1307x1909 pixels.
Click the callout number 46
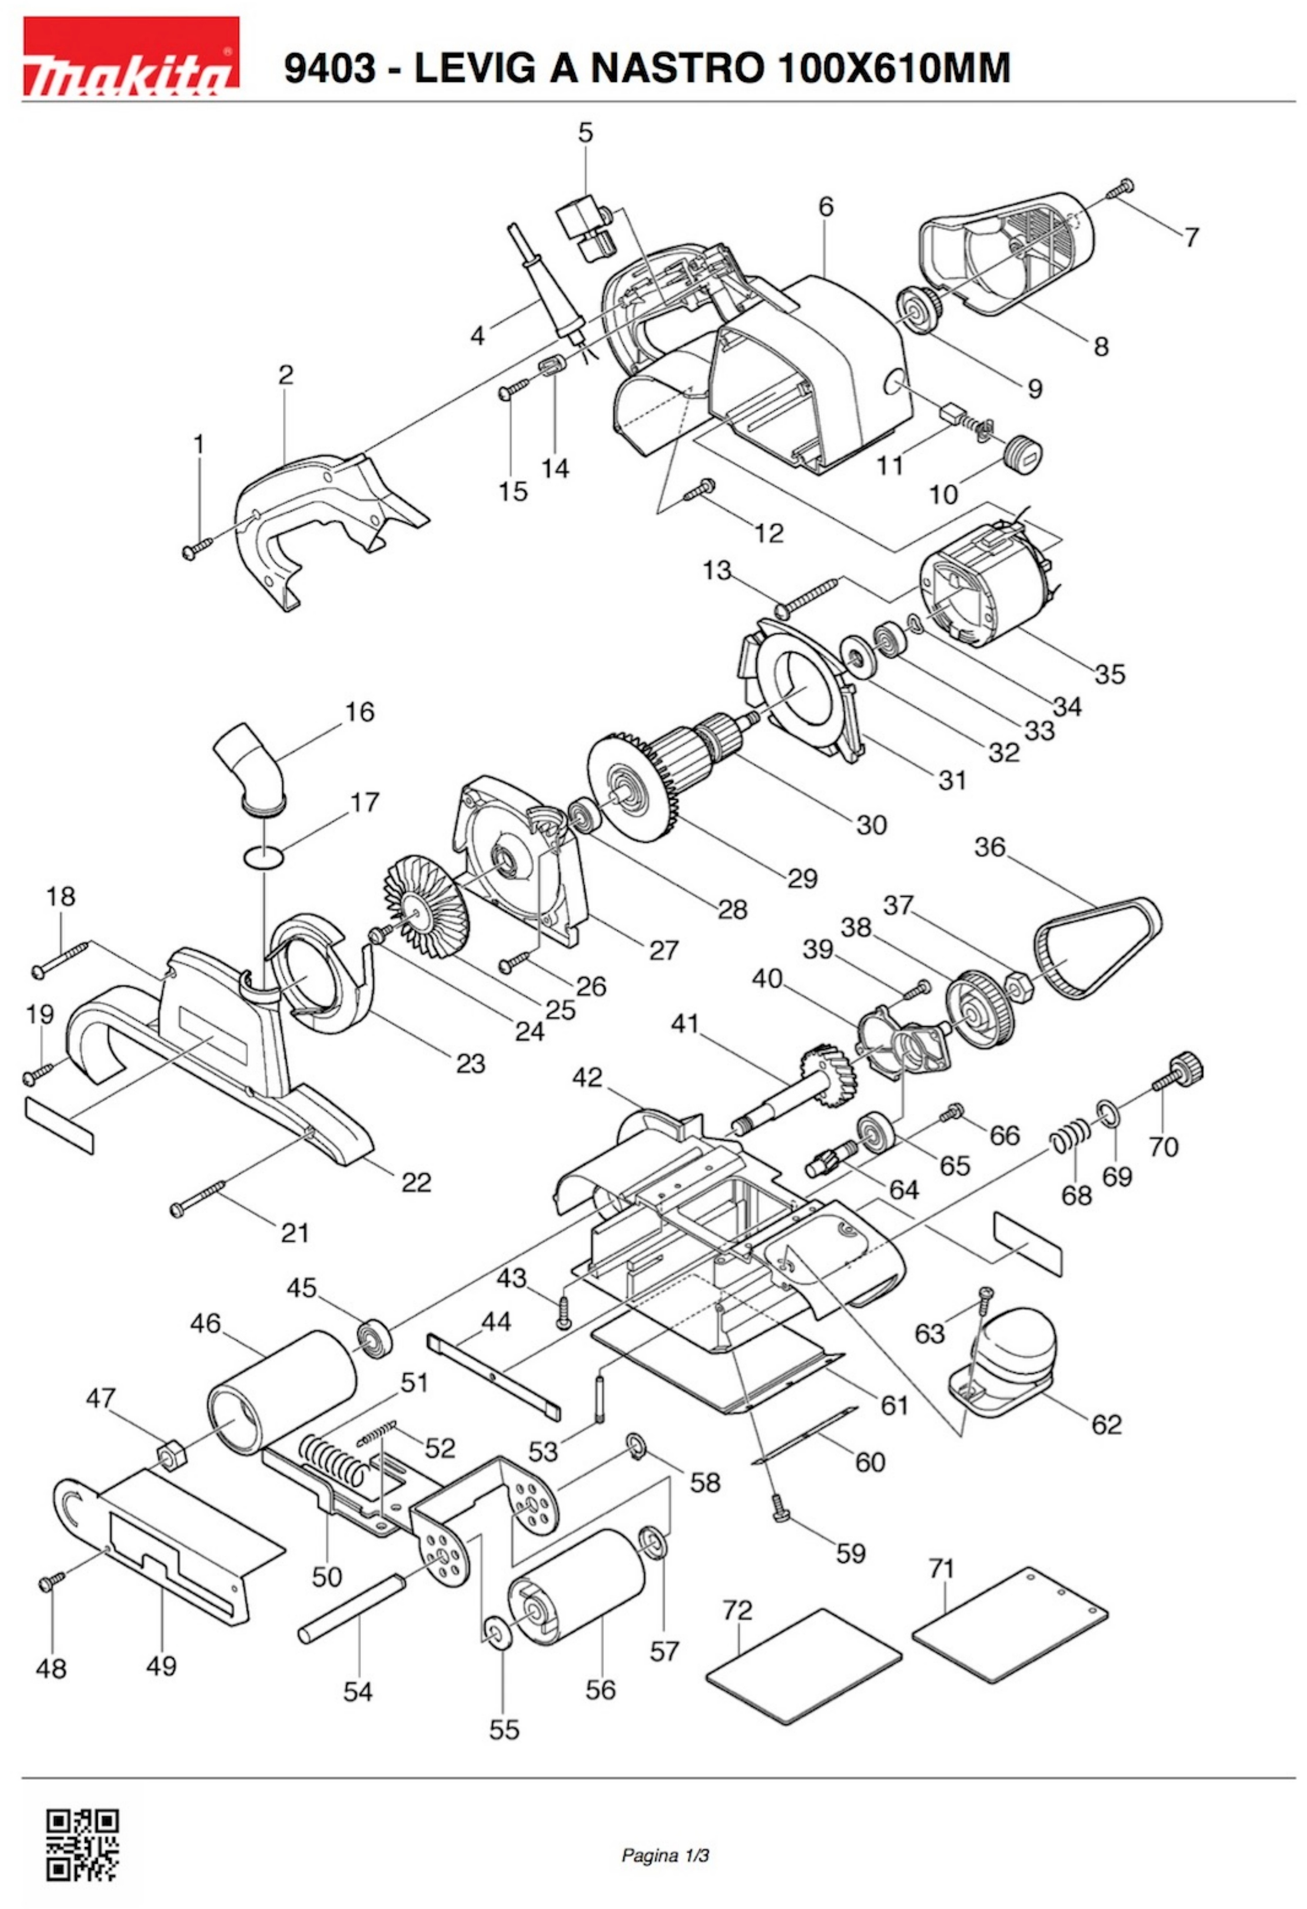point(205,1324)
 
